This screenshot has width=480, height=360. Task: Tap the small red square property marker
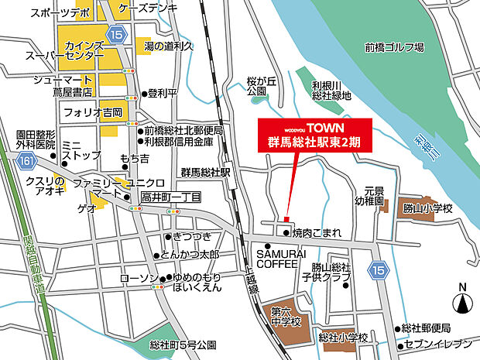pyautogui.click(x=286, y=219)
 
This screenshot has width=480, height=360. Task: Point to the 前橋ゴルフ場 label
pyautogui.click(x=395, y=48)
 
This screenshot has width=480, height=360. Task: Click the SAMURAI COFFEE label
pyautogui.click(x=277, y=259)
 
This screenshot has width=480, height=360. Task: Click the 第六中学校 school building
pyautogui.click(x=284, y=318)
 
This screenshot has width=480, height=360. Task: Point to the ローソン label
pyautogui.click(x=139, y=278)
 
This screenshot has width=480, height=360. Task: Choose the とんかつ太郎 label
pyautogui.click(x=190, y=255)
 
